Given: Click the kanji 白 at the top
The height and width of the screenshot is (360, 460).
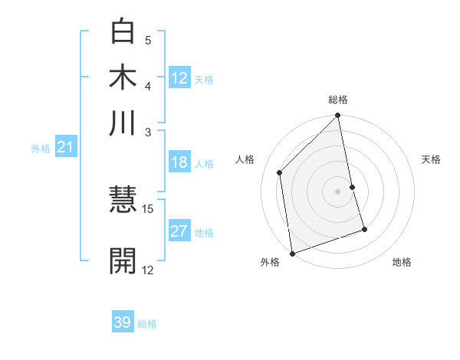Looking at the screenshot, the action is pos(123,32).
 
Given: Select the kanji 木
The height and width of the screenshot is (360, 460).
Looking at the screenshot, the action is pos(123,77).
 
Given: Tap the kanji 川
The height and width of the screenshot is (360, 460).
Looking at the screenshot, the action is pos(123,123).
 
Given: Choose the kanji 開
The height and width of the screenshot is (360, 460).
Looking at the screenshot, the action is pos(123,260).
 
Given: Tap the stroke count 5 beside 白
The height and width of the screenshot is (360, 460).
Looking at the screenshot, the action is pos(148,40).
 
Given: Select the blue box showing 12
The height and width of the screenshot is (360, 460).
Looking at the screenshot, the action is pos(179,77).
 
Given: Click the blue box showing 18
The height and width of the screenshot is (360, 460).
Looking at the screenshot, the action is pos(179,162).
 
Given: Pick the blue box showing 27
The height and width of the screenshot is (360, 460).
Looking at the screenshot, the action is pos(179,231).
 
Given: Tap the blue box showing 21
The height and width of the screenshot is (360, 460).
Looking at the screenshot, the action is pos(64,147).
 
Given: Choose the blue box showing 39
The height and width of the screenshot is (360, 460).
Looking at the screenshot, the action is pos(122,322).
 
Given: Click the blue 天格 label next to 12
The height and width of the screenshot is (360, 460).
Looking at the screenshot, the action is pos(204,80).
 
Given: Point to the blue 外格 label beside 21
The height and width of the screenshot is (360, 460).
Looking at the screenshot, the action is pos(41,149).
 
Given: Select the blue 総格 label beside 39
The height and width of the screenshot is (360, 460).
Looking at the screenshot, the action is pos(147,324).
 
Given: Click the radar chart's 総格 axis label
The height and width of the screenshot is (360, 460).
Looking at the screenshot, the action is pos(338,100).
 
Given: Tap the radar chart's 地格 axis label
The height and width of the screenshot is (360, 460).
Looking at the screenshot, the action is pos(402,262).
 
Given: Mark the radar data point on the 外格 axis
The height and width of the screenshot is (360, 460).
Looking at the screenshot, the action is pos(292,253).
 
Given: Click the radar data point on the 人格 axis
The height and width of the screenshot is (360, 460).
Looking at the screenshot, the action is pos(280,172).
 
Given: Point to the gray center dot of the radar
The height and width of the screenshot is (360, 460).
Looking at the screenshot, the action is pos(338,191).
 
